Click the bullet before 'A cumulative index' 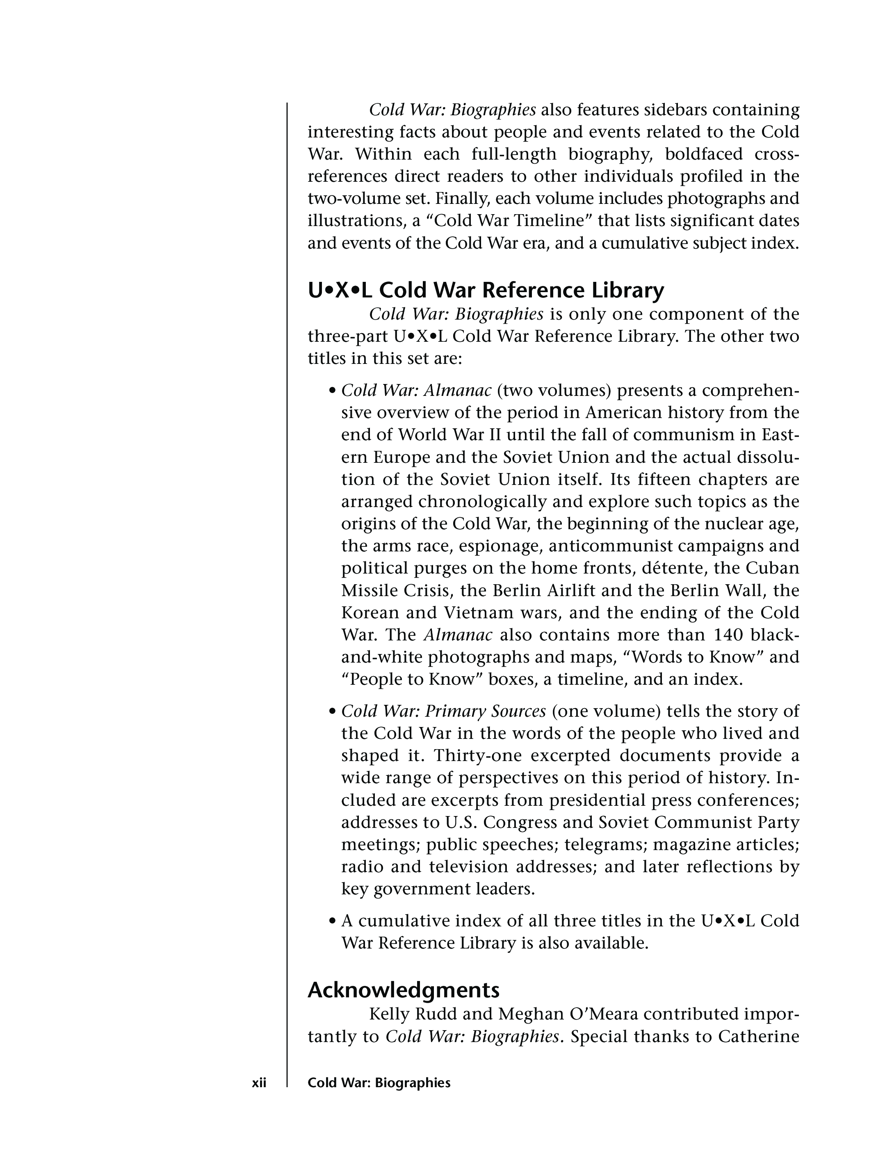(333, 921)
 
